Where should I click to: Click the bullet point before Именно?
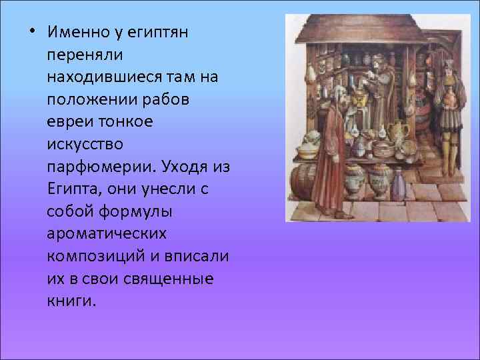(32, 31)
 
